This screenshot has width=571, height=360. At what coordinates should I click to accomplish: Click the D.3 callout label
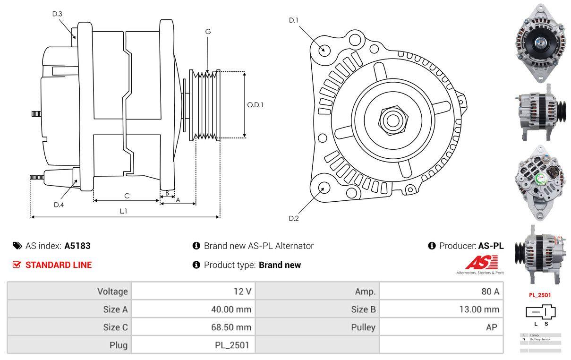(x=57, y=14)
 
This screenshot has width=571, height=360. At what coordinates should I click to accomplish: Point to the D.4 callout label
(x=59, y=205)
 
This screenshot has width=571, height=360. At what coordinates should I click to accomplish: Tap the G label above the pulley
(x=208, y=32)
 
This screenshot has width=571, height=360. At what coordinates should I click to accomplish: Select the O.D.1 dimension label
(x=255, y=105)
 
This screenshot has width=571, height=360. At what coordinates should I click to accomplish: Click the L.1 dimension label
(x=123, y=211)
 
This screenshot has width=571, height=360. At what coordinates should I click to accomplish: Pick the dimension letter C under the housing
(x=127, y=196)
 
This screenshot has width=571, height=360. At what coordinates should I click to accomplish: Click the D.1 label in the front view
(x=294, y=20)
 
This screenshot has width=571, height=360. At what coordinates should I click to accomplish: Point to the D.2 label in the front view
(x=294, y=218)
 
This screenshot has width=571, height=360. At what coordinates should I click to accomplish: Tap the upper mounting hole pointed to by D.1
(x=324, y=49)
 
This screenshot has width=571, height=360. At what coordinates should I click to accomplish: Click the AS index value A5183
(x=77, y=246)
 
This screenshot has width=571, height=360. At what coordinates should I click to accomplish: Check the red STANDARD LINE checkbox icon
(x=17, y=265)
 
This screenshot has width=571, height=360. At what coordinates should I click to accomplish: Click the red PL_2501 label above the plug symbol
(x=539, y=295)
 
